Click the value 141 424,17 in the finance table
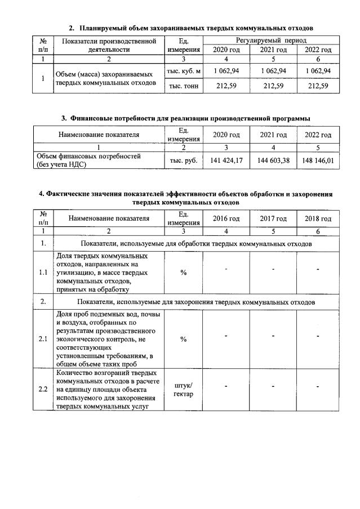coord(226,160)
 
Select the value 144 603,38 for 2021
coord(273,160)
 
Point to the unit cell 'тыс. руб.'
coord(184,160)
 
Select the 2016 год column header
coord(226,218)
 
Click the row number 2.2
coord(43,389)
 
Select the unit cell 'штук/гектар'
coord(184,389)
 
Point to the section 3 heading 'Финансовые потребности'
coord(186,118)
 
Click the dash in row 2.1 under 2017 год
coord(273,336)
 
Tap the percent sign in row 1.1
coord(184,273)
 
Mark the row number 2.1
coord(43,339)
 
